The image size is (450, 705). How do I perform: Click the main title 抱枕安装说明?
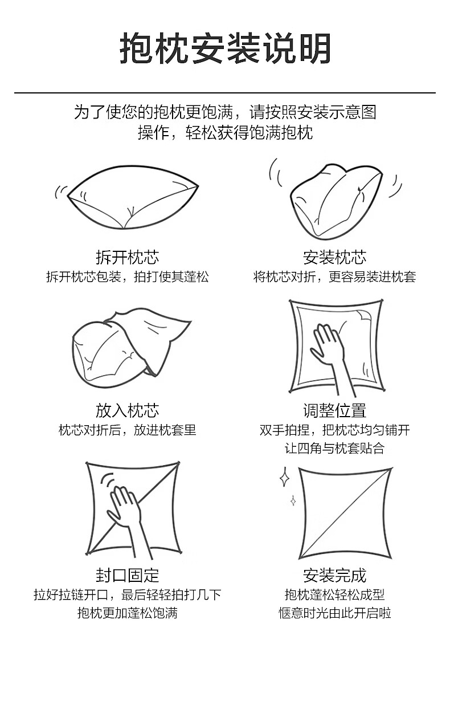(225, 49)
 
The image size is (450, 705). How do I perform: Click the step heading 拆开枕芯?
(127, 258)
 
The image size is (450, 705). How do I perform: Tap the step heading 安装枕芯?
(334, 258)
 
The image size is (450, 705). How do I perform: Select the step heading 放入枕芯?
(127, 410)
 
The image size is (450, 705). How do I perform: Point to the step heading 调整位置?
(334, 410)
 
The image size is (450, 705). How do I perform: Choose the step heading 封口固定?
(127, 575)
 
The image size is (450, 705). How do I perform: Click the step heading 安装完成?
(334, 575)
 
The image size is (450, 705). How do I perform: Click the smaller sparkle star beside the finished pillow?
(293, 500)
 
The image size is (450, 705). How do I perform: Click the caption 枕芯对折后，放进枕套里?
(127, 430)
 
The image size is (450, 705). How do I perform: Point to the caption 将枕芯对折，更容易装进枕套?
(334, 277)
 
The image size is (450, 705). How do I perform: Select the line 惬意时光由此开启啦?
(334, 613)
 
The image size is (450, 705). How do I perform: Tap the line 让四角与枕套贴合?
(334, 448)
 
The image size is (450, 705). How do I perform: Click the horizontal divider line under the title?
(225, 92)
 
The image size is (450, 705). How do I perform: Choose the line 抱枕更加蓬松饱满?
(127, 613)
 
